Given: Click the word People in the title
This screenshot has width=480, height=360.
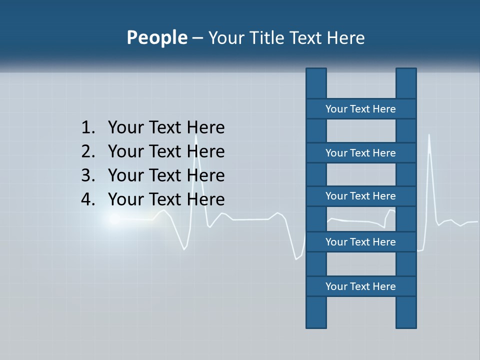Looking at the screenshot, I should (156, 38).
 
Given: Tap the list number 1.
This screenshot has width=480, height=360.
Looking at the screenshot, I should (87, 128).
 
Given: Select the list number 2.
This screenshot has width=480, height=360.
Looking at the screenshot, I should (87, 151).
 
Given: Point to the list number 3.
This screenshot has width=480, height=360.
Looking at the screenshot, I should (87, 175).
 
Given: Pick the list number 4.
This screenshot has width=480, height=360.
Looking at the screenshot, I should (87, 199).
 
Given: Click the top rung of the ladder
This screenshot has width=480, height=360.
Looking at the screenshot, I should (360, 109).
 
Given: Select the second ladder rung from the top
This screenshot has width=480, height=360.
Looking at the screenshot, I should (360, 153).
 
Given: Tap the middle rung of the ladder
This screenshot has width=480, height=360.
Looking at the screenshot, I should (360, 196).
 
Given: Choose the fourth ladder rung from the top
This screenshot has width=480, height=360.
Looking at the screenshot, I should (360, 242).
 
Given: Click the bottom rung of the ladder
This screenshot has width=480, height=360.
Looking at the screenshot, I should (360, 286).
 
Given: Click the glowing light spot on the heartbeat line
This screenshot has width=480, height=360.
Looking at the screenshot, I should (114, 219).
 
